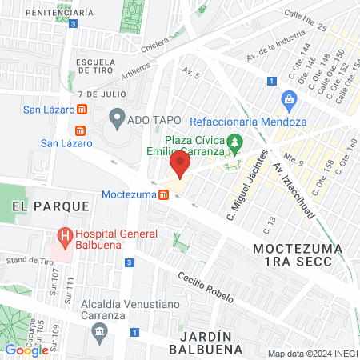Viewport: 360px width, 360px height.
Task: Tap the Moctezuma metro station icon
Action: tap(163, 194)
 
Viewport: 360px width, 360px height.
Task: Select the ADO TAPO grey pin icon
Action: tap(116, 121)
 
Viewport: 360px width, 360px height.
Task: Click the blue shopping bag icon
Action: tap(288, 100)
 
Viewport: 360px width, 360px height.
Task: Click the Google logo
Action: tap(26, 350)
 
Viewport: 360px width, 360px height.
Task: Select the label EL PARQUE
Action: tap(50, 206)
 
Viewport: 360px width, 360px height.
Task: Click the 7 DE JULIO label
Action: tap(92, 94)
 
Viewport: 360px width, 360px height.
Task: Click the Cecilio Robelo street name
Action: tap(206, 286)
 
